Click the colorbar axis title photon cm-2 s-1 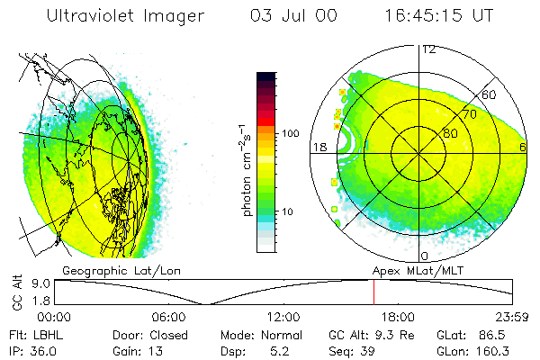246,167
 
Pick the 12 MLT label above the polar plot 428,49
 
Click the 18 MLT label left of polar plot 318,146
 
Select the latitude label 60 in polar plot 490,94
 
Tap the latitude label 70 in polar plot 468,115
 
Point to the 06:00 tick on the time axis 168,317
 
